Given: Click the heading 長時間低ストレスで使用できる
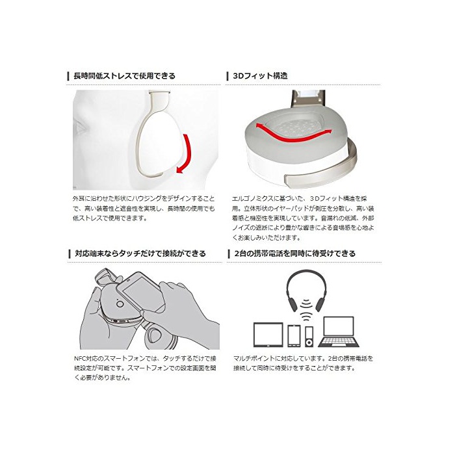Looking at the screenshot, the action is click(125, 76).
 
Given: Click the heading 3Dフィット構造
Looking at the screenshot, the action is click(260, 76).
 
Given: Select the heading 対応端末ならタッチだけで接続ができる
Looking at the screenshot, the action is click(140, 253).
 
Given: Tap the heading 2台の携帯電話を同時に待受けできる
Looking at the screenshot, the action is click(295, 253).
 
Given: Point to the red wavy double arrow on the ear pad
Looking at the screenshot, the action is click(293, 133).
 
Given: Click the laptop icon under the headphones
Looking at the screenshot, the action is click(339, 331).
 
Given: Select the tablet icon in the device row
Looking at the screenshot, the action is click(268, 335).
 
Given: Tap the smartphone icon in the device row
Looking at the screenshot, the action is click(294, 336).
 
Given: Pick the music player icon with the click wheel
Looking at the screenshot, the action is click(309, 337).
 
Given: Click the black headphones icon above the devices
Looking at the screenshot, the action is click(306, 290).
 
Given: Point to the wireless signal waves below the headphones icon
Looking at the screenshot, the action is click(306, 310).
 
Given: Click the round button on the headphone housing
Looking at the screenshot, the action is click(120, 304).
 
